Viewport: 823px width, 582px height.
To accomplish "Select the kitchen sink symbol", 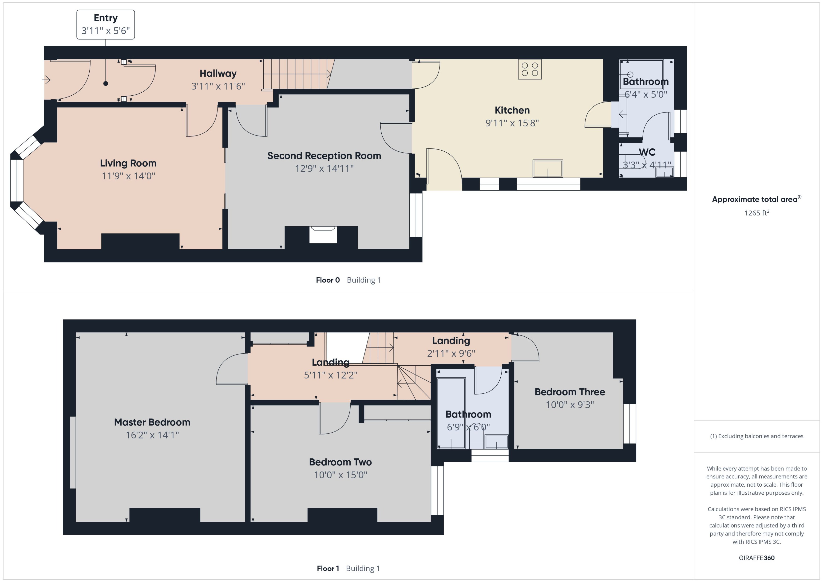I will point(548,169).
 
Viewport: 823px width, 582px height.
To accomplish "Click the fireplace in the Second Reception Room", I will point(323,235).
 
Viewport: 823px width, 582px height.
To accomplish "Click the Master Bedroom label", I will point(152,422).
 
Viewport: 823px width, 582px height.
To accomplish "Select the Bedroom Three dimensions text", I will point(570,405).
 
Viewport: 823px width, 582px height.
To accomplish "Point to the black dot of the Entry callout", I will point(105,83).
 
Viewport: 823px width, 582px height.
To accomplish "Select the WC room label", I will point(647,152).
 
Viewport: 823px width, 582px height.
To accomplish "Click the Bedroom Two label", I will point(340,462).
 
